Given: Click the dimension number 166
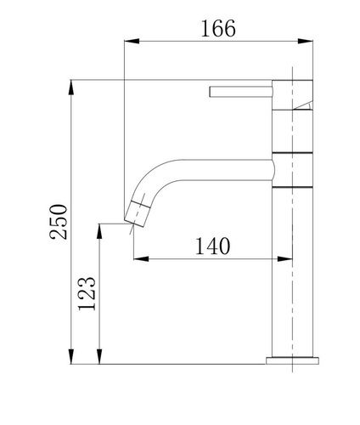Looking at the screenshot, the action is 218,29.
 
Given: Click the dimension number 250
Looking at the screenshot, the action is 59,222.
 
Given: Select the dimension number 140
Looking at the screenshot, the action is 212,246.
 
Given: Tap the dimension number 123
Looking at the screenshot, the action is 87,293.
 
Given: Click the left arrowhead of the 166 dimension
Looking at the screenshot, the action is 132,42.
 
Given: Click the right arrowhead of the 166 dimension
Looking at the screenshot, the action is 306,42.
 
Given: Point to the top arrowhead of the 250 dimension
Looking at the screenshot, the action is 71,88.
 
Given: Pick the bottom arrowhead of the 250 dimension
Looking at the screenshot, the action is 71,356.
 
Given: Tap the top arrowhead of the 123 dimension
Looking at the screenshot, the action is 99,231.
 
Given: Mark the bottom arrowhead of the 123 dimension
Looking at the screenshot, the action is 99,356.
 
